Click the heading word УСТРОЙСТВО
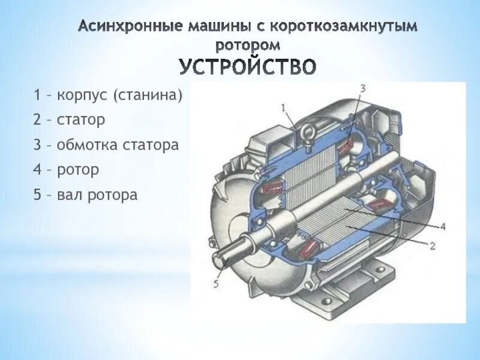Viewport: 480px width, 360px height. [x=247, y=66]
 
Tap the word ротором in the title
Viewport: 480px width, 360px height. [x=247, y=44]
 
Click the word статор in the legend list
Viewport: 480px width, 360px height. [x=81, y=119]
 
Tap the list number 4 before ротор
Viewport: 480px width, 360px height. [x=37, y=170]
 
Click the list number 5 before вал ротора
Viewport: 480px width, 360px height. [x=37, y=195]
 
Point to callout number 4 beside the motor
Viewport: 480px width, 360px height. [x=442, y=227]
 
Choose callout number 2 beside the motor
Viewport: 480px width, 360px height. [x=432, y=245]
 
